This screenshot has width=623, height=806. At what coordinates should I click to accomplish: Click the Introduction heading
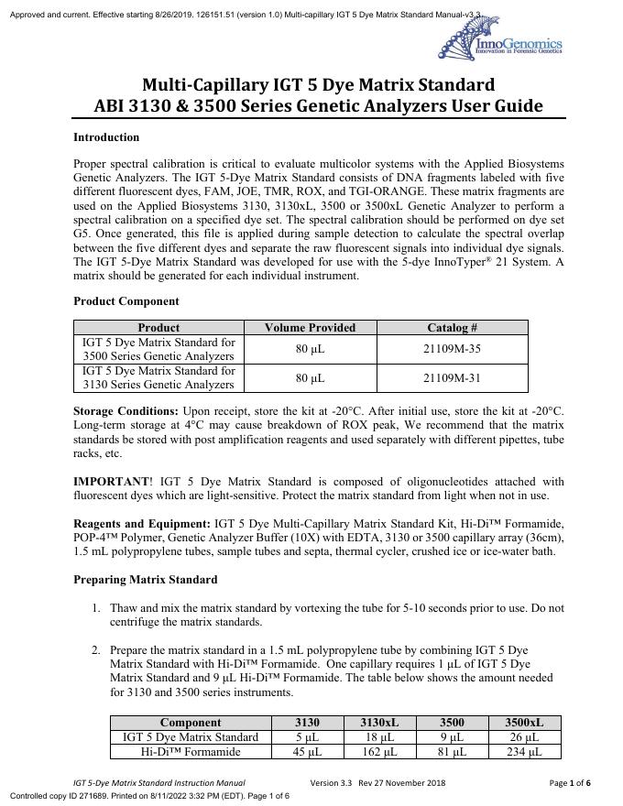click(106, 137)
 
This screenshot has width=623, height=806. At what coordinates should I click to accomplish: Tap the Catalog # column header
click(452, 327)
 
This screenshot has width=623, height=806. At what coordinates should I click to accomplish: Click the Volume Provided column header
click(310, 327)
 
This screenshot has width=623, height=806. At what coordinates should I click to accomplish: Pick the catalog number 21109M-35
click(452, 349)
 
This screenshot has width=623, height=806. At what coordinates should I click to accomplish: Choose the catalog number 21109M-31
click(452, 377)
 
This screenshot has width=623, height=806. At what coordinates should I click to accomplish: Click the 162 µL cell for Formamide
click(378, 752)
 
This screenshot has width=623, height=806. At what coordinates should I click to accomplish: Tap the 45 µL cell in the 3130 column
click(308, 752)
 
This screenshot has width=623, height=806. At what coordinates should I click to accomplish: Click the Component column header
click(191, 723)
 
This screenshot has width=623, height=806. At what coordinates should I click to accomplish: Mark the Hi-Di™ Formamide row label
click(191, 752)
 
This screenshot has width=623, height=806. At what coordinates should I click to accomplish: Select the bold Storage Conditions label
click(126, 411)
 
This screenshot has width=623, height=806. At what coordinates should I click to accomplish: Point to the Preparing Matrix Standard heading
click(145, 579)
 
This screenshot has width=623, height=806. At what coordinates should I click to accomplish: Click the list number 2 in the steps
click(95, 649)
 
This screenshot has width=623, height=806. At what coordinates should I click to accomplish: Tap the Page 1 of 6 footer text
click(569, 783)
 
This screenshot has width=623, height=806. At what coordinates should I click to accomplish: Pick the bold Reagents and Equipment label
click(142, 523)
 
